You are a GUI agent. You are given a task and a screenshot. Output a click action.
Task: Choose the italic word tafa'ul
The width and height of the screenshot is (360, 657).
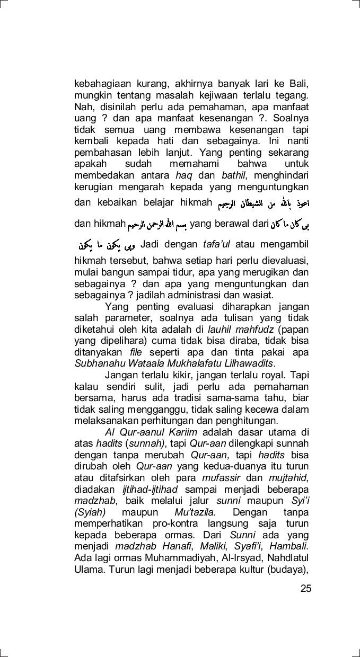pos(217,245)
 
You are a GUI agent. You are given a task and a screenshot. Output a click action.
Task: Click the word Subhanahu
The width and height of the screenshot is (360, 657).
pos(96,363)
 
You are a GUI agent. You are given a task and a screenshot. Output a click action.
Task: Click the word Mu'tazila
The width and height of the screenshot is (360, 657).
pos(195,512)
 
